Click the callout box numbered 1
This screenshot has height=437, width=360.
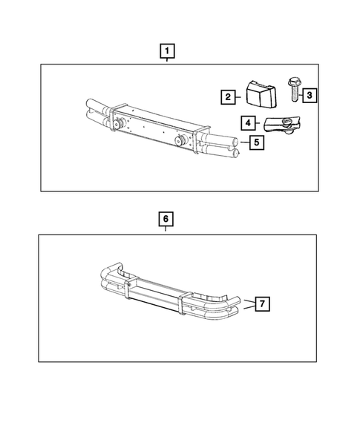point(168,51)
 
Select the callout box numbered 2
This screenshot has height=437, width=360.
point(228,96)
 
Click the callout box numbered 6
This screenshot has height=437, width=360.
point(166,220)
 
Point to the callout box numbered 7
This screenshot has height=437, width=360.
point(261,303)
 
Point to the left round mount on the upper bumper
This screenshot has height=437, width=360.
point(118,124)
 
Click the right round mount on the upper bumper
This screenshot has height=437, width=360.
point(180,141)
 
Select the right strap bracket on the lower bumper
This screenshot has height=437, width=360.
point(182,307)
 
